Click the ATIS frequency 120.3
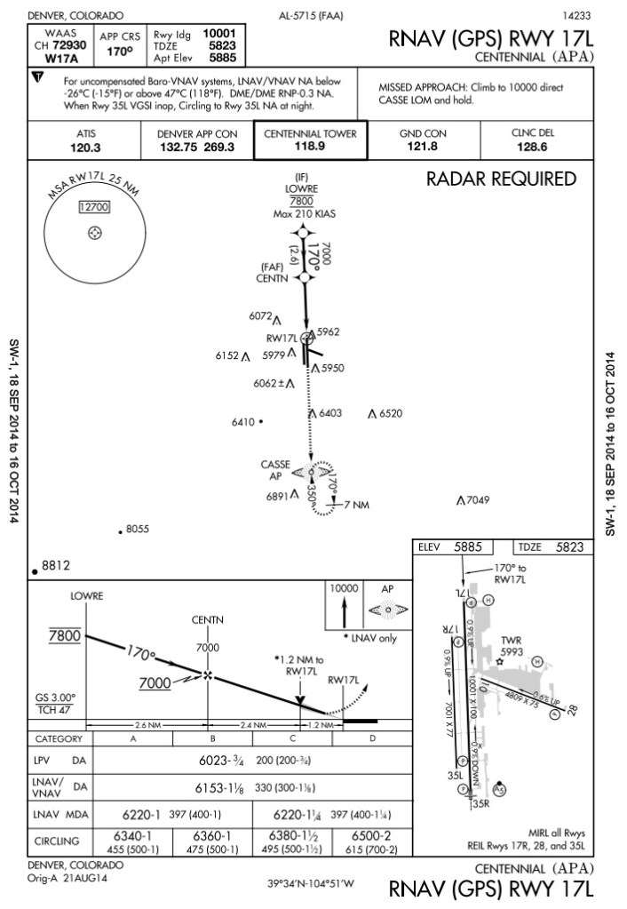(85, 148)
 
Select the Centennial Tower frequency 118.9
(310, 147)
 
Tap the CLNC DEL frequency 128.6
(532, 148)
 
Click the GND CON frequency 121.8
(423, 148)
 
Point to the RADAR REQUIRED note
(501, 179)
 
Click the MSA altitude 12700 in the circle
(93, 207)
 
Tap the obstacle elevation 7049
(478, 500)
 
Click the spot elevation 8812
(55, 565)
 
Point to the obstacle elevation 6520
(390, 414)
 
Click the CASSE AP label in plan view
(275, 470)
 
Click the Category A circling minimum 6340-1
(132, 836)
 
